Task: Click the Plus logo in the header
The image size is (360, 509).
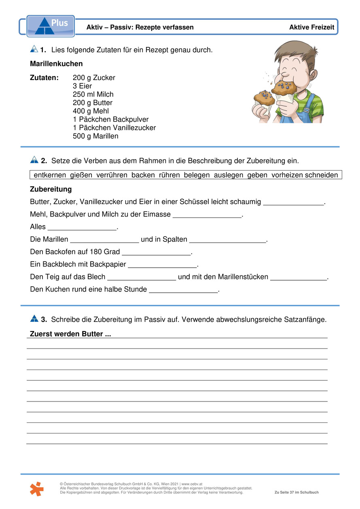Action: (x=51, y=26)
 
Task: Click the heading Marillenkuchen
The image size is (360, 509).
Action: (x=56, y=64)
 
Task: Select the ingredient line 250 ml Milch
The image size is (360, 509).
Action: (x=93, y=95)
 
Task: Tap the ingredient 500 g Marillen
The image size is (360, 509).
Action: (x=95, y=136)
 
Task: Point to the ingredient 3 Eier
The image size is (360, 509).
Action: (x=82, y=86)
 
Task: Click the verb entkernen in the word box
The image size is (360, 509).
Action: (x=49, y=175)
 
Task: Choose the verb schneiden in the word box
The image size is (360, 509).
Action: (x=322, y=175)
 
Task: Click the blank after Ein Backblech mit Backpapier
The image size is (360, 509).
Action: (x=162, y=265)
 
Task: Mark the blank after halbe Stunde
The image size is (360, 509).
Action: (x=184, y=290)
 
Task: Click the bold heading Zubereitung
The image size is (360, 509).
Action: (x=51, y=190)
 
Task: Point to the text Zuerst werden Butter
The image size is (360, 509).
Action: (x=70, y=334)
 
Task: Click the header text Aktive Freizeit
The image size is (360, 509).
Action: (x=311, y=27)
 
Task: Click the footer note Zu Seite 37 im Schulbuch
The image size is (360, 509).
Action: (x=296, y=492)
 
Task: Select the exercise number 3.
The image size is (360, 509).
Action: (x=44, y=319)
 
